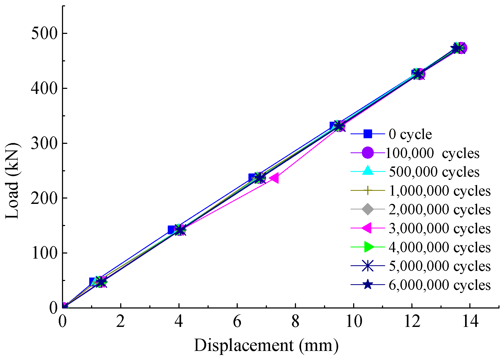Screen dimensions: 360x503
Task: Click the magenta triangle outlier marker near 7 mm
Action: (x=274, y=178)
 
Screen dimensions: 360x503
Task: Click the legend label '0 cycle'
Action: (x=410, y=134)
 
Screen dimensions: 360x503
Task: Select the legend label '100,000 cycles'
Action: (x=432, y=153)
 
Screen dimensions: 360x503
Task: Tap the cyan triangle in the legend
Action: (x=368, y=171)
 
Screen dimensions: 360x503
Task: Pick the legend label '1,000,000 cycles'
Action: (x=439, y=191)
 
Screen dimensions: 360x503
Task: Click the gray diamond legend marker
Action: (x=368, y=209)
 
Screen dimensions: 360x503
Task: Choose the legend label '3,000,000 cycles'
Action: (x=439, y=228)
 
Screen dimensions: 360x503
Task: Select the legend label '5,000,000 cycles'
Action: (x=439, y=266)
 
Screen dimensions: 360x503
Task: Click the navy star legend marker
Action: (x=368, y=284)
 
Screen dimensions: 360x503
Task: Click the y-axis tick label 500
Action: (x=44, y=34)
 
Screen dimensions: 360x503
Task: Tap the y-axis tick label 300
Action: (x=44, y=144)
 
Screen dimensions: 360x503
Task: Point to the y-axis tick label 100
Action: (x=44, y=253)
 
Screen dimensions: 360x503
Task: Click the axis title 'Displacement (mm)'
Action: (x=266, y=346)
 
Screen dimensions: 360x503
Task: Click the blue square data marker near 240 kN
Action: (x=252, y=177)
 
